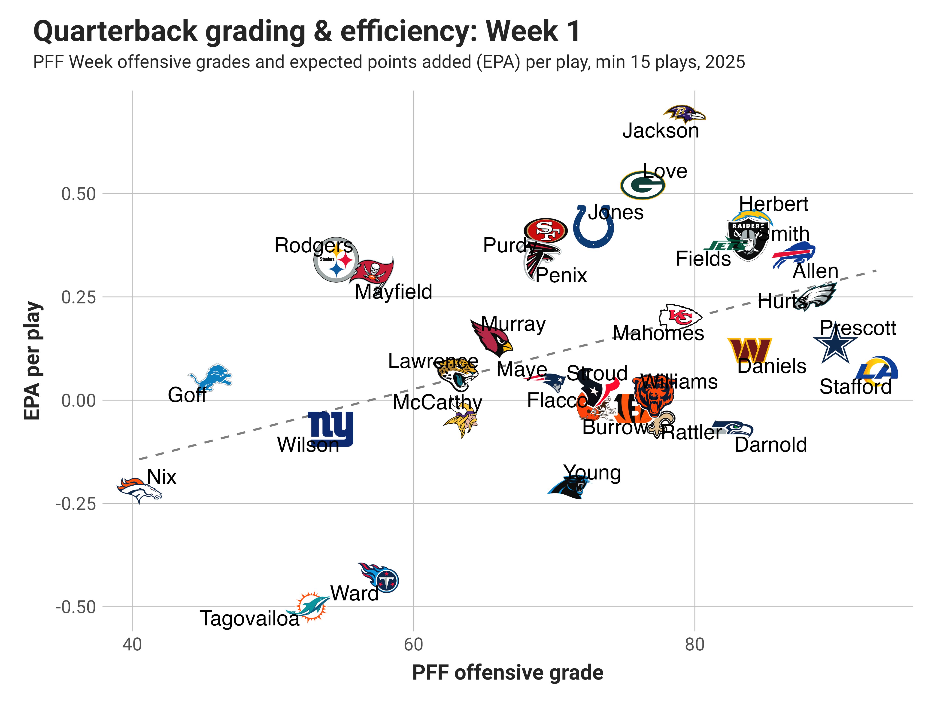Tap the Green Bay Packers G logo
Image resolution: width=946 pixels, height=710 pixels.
point(642,185)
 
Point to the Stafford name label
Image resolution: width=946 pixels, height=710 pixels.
point(855,387)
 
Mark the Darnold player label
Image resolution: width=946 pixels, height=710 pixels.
point(771,445)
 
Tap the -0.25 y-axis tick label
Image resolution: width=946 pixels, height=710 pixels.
point(76,504)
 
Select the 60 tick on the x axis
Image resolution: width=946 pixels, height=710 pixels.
point(413,644)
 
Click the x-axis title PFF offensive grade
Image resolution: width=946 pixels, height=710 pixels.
point(508,672)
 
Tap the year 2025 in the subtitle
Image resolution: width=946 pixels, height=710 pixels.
point(725,62)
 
